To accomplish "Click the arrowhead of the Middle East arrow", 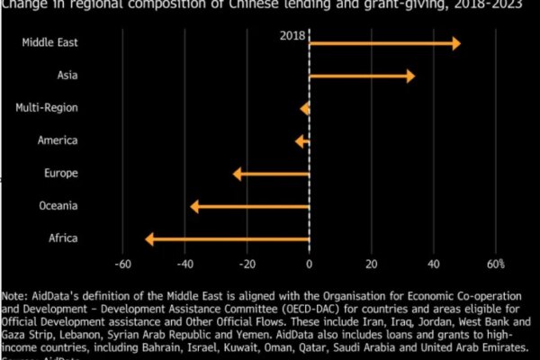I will pos(456,43).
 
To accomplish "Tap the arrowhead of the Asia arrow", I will pos(410,76).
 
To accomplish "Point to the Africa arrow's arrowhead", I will pos(149,238).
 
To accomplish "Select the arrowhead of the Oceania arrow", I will pos(194,206).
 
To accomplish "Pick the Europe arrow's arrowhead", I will pos(237,174).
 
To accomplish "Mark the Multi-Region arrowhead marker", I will pos(304,108).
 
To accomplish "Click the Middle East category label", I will pos(49,43).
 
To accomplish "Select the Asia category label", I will pos(66,76).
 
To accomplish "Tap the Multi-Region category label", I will pos(47,108).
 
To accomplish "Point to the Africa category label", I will pos(63,238).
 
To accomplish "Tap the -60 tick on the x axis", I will pos(122,264).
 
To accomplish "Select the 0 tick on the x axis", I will pos(309,264).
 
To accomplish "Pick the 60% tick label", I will pos(495,264).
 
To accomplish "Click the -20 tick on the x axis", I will pos(247,264).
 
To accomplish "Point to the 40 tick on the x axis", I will pos(433,264).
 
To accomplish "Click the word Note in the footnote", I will pos(14,295).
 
